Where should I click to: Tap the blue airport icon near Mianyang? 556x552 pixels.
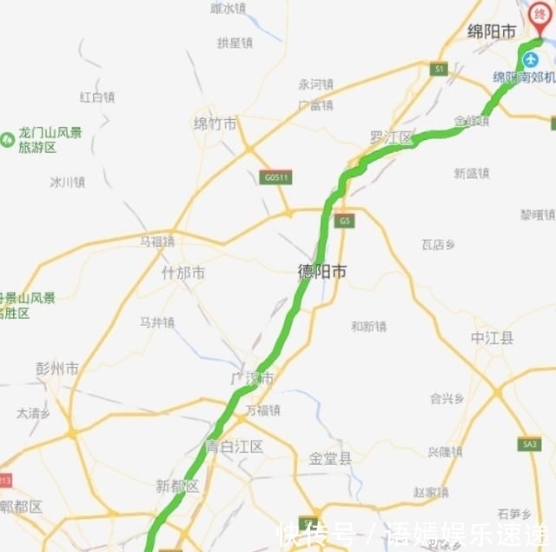530,59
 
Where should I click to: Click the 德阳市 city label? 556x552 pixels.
322,272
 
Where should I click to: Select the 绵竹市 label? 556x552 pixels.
215,124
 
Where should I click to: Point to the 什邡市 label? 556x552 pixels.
183,273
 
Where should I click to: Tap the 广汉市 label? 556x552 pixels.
252,379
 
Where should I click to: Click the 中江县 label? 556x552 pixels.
493,337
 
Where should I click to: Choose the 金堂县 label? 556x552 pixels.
331,458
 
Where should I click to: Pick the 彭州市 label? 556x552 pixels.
57,369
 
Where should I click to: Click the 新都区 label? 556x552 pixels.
177,486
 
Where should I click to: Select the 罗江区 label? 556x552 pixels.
391,137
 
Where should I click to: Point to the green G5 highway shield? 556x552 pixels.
346,221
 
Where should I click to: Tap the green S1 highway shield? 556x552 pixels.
440,69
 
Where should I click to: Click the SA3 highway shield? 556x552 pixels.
528,444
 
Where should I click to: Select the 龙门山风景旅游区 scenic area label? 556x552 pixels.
50,140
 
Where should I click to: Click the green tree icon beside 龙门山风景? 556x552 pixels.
8,137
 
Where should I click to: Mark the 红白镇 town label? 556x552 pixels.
96,96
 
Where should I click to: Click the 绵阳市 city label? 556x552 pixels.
492,32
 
